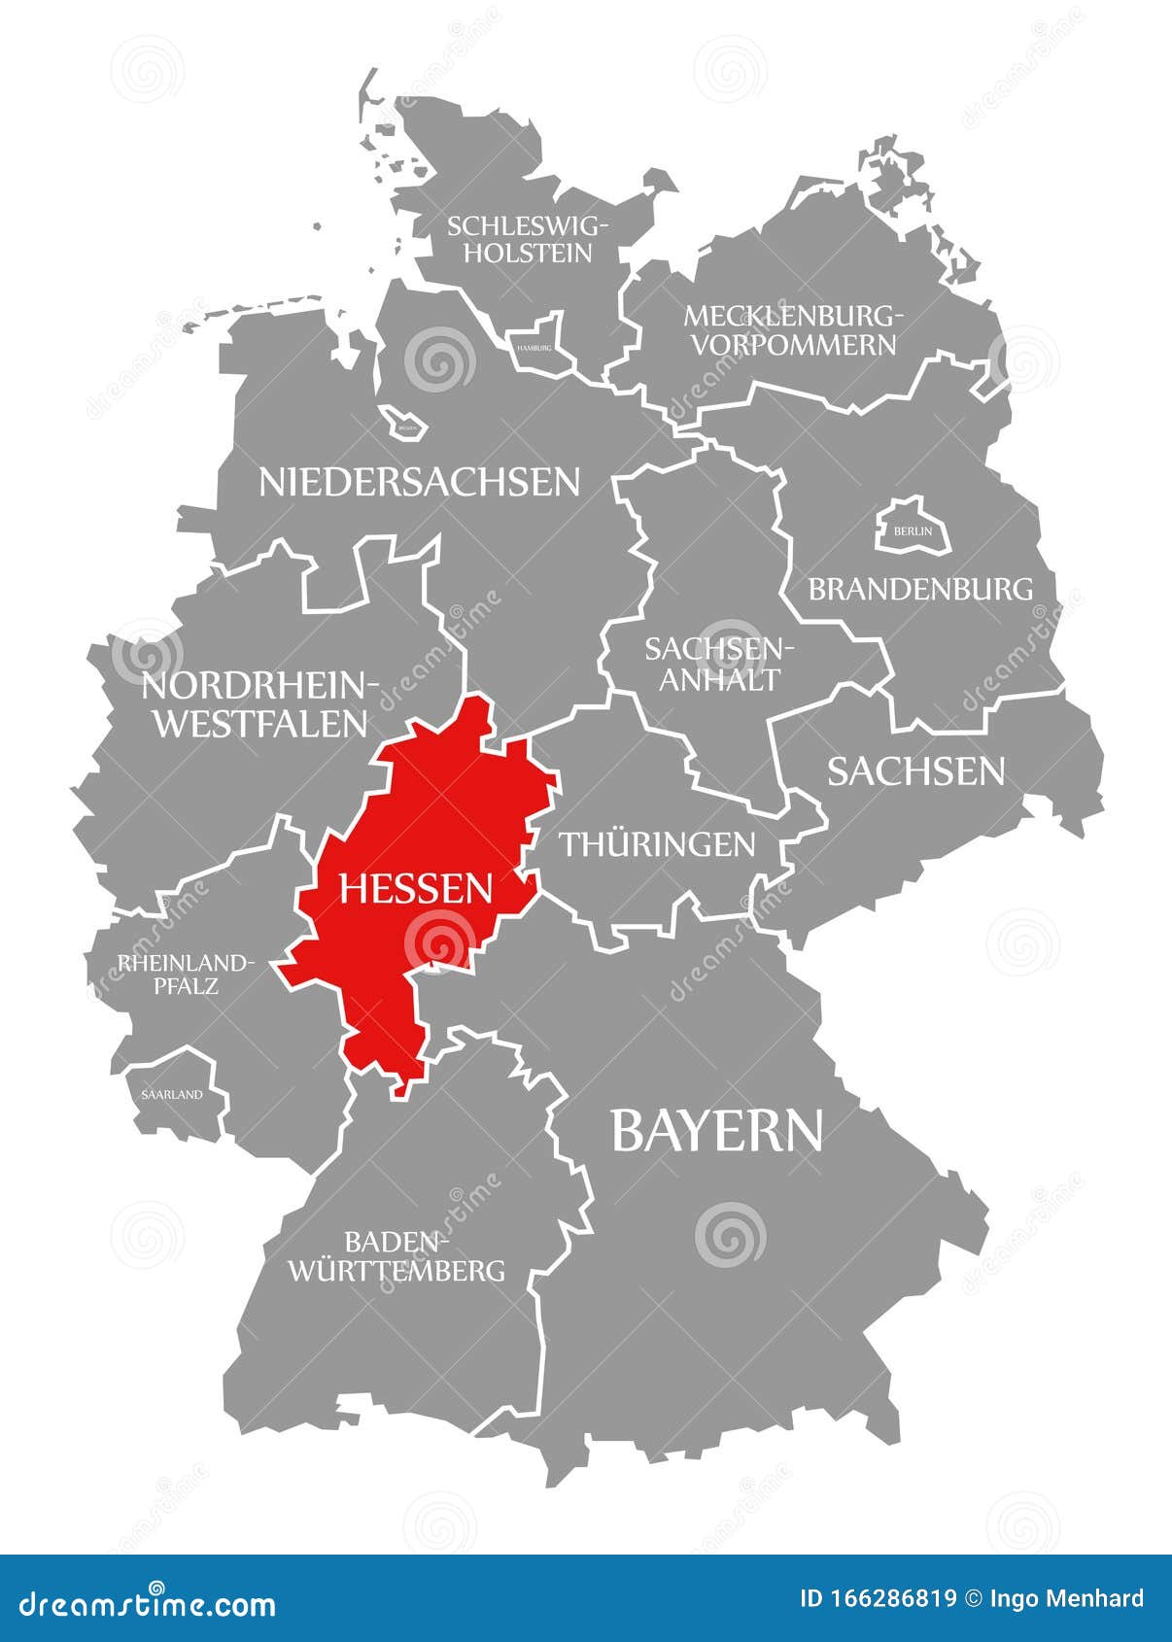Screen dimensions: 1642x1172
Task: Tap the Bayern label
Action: click(716, 1131)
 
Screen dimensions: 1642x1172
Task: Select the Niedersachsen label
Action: click(419, 482)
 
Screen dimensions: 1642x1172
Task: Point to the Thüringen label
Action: click(657, 844)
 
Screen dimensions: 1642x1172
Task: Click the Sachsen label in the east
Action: click(915, 771)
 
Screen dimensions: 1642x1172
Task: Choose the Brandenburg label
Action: click(920, 589)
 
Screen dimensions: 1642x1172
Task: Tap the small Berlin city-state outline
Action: click(912, 529)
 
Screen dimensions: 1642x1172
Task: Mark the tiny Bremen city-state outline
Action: click(404, 425)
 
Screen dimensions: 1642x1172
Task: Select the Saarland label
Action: click(172, 1094)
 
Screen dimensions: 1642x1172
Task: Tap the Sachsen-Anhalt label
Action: click(720, 664)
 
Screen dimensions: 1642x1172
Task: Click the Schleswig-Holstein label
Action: click(528, 239)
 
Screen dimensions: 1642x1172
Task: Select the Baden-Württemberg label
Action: click(396, 1255)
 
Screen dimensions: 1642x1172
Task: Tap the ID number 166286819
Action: click(878, 1599)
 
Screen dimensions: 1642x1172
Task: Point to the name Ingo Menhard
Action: click(1067, 1599)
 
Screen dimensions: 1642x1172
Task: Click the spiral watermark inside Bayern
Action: click(730, 1235)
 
